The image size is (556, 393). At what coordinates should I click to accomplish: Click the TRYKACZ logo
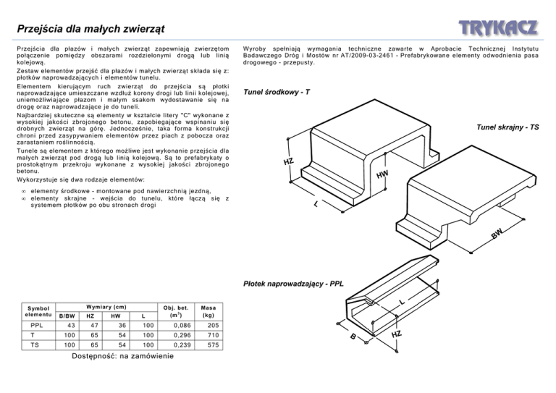(x=497, y=28)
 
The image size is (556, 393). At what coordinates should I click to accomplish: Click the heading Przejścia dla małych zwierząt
(x=90, y=29)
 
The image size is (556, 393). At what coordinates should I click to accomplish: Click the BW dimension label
(x=496, y=234)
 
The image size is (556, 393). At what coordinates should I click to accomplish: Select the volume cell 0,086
(x=172, y=326)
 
